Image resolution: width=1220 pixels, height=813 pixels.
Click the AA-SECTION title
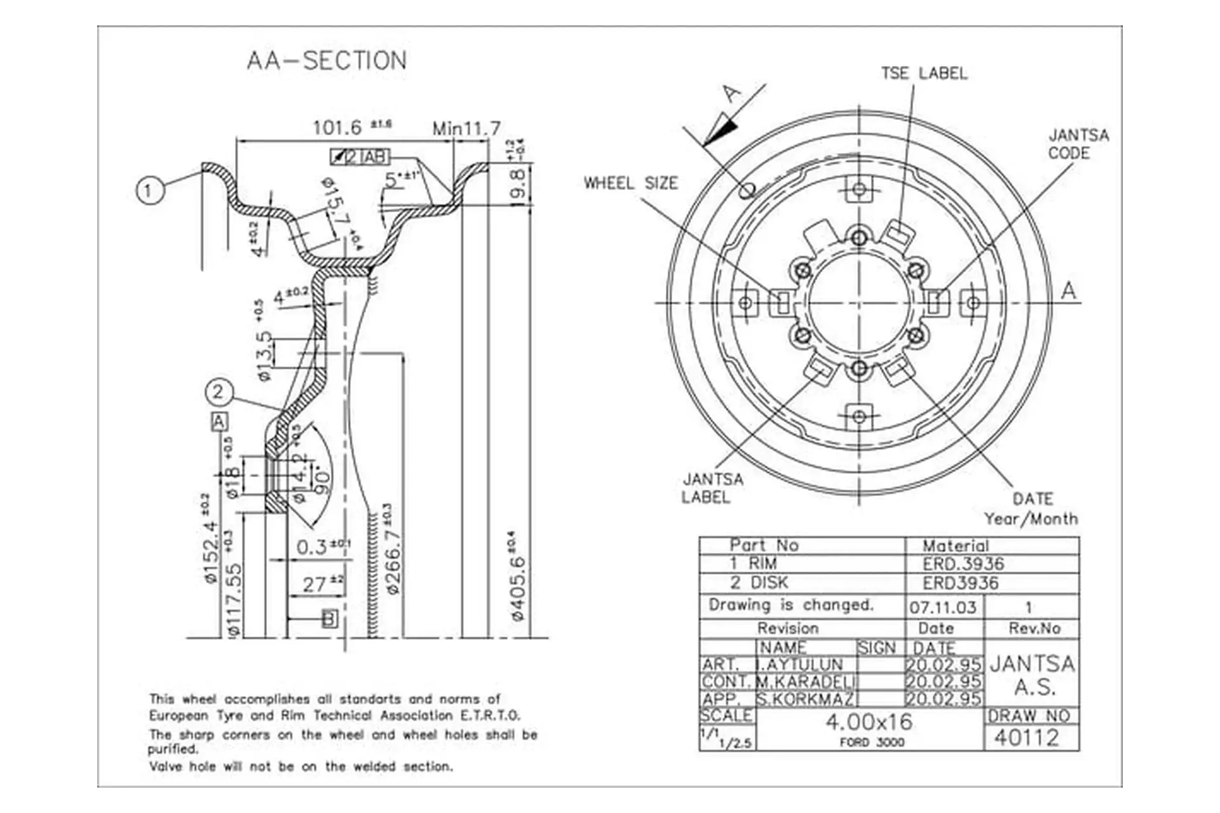[327, 61]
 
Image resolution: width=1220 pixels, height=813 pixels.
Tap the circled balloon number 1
[149, 190]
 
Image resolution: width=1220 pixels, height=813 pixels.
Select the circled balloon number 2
[218, 392]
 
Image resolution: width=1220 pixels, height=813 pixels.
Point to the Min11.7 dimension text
[466, 129]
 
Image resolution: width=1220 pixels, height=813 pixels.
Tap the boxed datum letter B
[329, 619]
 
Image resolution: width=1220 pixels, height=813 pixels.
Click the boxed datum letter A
[219, 422]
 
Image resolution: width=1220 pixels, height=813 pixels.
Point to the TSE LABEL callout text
[924, 74]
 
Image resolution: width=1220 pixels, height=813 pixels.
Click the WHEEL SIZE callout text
[630, 184]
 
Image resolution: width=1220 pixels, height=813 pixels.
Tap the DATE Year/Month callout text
[1031, 509]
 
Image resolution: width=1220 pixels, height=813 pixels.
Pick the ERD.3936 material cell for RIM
[963, 564]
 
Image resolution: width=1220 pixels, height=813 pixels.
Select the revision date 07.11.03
[942, 608]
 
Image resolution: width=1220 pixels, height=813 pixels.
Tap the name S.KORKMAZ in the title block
[805, 699]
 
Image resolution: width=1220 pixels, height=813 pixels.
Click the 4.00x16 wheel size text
[869, 722]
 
